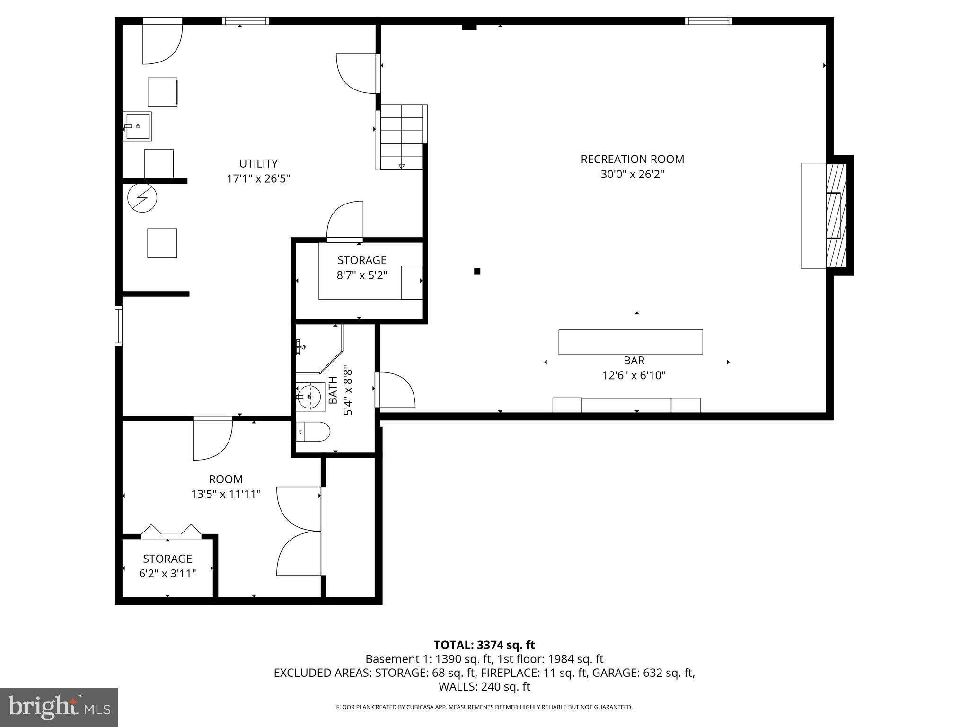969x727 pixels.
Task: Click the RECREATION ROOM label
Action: click(x=632, y=159)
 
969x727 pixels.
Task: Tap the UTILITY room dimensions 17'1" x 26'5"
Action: click(x=258, y=179)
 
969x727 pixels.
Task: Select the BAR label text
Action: click(x=634, y=361)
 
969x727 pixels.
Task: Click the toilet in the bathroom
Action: click(x=314, y=431)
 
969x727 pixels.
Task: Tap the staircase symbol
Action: click(x=401, y=137)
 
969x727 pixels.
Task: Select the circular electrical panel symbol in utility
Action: click(x=142, y=198)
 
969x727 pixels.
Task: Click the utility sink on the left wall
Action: click(x=137, y=126)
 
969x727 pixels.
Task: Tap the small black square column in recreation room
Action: click(x=477, y=271)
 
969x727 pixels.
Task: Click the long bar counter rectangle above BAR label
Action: click(x=630, y=342)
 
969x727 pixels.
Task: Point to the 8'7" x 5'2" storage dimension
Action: click(x=362, y=275)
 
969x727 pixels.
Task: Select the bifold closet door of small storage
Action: click(x=171, y=532)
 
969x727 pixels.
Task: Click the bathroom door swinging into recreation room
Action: click(x=396, y=390)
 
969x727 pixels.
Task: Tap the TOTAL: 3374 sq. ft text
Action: click(x=484, y=645)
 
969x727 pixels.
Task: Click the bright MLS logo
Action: click(x=59, y=707)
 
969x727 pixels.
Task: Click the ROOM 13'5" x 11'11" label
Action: click(x=226, y=487)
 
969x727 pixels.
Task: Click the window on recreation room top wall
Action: click(x=708, y=21)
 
